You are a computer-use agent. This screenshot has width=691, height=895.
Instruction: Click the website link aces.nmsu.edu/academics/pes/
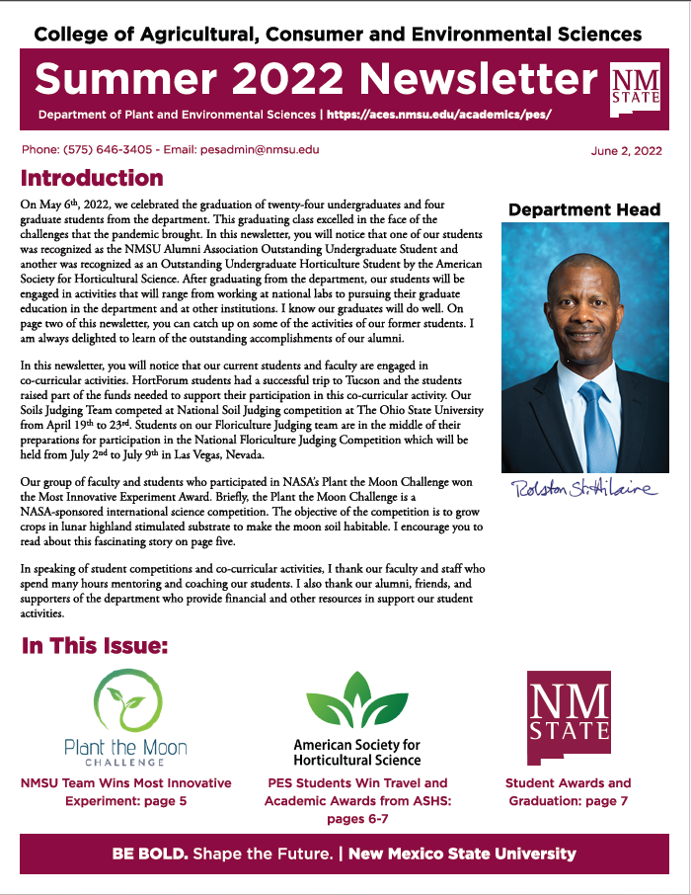pyautogui.click(x=438, y=115)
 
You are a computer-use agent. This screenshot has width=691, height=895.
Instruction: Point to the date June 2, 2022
pyautogui.click(x=626, y=151)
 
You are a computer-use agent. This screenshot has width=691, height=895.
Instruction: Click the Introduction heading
pyautogui.click(x=92, y=179)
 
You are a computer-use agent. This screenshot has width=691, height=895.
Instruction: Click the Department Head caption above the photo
pyautogui.click(x=584, y=209)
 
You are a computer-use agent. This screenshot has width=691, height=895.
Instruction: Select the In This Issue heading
pyautogui.click(x=95, y=647)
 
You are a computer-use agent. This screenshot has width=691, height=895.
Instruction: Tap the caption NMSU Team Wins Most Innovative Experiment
pyautogui.click(x=125, y=792)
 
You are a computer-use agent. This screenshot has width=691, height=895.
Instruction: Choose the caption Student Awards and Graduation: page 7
pyautogui.click(x=568, y=792)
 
